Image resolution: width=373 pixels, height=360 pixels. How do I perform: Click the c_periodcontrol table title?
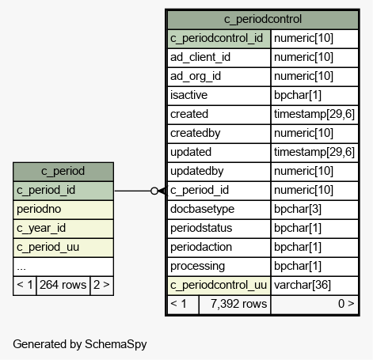click(263, 19)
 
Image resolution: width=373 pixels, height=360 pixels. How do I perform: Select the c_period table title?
click(63, 171)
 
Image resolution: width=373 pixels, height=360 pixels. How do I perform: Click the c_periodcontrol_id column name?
click(216, 39)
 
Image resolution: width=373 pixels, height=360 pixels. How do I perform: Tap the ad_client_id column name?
click(200, 57)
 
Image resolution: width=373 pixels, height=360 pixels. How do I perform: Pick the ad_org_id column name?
click(196, 77)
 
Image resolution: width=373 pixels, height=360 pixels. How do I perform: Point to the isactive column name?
click(188, 95)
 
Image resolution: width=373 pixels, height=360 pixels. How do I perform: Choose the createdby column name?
click(196, 133)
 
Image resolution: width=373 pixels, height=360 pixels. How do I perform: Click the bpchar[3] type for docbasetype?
click(298, 209)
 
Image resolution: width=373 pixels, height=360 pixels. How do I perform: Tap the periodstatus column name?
click(201, 228)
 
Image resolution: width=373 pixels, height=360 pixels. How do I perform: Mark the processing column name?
click(197, 267)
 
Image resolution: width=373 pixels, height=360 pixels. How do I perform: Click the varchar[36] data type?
click(303, 285)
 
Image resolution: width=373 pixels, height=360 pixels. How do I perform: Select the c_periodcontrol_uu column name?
click(219, 286)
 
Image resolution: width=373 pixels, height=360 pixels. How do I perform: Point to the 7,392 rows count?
click(239, 304)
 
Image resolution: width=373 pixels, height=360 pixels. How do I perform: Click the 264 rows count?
click(63, 285)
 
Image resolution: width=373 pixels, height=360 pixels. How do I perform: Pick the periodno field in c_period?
click(39, 209)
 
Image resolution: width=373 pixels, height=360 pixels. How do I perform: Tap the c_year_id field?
click(41, 229)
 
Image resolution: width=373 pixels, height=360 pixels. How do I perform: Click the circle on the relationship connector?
click(154, 191)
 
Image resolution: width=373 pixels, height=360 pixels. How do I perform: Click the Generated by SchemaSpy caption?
click(80, 344)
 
